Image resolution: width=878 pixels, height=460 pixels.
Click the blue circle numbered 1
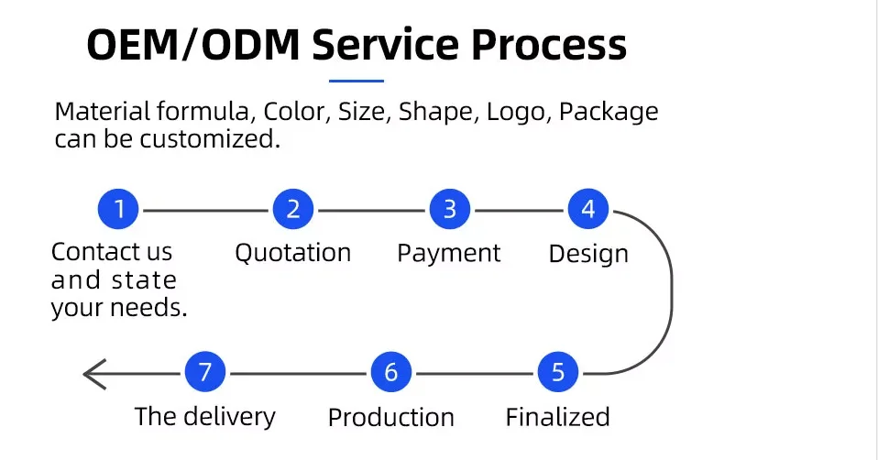[119, 210]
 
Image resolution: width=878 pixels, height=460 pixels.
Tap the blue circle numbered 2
[293, 210]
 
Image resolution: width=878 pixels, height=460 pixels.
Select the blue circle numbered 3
[450, 210]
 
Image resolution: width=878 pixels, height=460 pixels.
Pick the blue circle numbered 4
[588, 210]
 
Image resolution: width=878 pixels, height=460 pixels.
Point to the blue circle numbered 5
[558, 373]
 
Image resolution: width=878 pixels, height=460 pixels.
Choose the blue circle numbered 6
[391, 373]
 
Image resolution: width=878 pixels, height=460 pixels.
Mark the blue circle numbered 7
[205, 373]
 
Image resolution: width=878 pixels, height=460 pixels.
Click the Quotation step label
[293, 253]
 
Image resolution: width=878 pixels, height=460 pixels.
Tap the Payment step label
[449, 254]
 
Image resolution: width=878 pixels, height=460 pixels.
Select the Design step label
[588, 254]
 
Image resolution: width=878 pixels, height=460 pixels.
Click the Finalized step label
[557, 417]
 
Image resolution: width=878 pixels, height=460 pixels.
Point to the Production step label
[391, 418]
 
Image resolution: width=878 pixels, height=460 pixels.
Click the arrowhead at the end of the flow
[93, 374]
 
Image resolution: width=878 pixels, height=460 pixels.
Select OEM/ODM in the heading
[192, 45]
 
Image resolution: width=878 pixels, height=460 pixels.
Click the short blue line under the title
[357, 82]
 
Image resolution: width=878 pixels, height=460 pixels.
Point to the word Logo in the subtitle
[519, 112]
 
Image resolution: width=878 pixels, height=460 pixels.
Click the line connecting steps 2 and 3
[371, 211]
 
